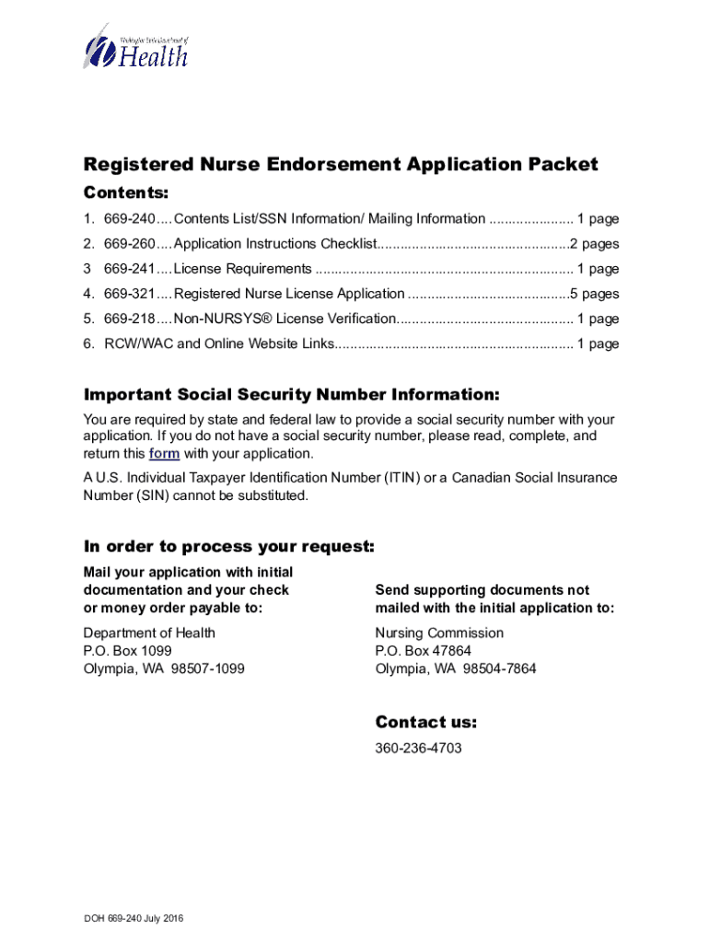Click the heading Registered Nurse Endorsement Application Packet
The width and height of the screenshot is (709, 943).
click(341, 164)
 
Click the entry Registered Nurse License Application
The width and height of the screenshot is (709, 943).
click(289, 294)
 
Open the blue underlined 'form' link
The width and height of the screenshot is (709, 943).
click(164, 454)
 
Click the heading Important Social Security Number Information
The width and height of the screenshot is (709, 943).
click(291, 395)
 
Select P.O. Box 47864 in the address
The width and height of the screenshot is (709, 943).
click(423, 651)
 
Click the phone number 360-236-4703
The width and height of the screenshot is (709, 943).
click(418, 748)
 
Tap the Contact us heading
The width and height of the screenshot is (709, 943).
click(425, 722)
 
